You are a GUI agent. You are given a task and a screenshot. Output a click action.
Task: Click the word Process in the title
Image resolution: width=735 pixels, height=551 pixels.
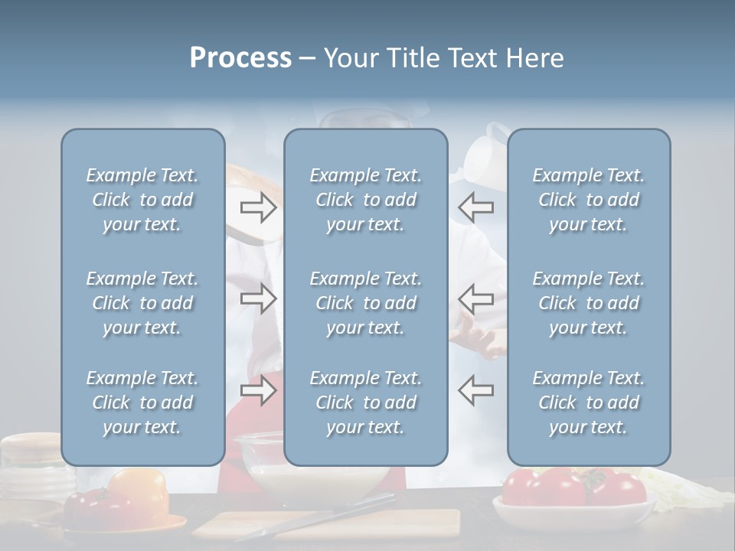pyautogui.click(x=240, y=58)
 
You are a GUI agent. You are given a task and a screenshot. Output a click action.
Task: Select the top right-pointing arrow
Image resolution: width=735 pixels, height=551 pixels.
pyautogui.click(x=259, y=207)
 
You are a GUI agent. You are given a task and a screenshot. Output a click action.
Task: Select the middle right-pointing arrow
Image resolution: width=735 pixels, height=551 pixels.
pyautogui.click(x=259, y=298)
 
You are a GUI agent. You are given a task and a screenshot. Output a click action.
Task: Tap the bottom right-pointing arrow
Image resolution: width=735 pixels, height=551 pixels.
pyautogui.click(x=259, y=391)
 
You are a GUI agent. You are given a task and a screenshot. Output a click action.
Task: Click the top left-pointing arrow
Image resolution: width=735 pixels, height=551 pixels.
pyautogui.click(x=475, y=207)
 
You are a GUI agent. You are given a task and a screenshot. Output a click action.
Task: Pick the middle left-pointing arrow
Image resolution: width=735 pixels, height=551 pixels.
pyautogui.click(x=475, y=298)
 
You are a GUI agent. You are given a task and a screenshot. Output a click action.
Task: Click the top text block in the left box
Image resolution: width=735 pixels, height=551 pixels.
pyautogui.click(x=142, y=200)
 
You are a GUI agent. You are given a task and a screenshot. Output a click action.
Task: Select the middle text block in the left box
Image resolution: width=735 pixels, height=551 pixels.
pyautogui.click(x=142, y=303)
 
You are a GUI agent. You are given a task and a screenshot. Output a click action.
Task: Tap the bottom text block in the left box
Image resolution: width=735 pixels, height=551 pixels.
pyautogui.click(x=142, y=403)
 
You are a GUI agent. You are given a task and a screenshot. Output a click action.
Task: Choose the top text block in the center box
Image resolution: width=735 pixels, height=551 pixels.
pyautogui.click(x=365, y=200)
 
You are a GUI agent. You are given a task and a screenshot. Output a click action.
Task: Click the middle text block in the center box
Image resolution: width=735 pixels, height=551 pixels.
pyautogui.click(x=365, y=303)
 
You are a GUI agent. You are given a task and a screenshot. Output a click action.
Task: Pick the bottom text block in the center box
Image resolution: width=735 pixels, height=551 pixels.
pyautogui.click(x=365, y=403)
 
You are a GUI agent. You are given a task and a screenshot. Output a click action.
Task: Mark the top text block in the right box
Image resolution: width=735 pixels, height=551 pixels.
pyautogui.click(x=588, y=200)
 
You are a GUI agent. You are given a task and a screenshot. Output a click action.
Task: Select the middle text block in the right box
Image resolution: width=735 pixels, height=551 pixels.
pyautogui.click(x=588, y=303)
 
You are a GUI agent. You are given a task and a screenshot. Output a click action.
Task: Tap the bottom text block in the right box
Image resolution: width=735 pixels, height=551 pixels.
pyautogui.click(x=588, y=403)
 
